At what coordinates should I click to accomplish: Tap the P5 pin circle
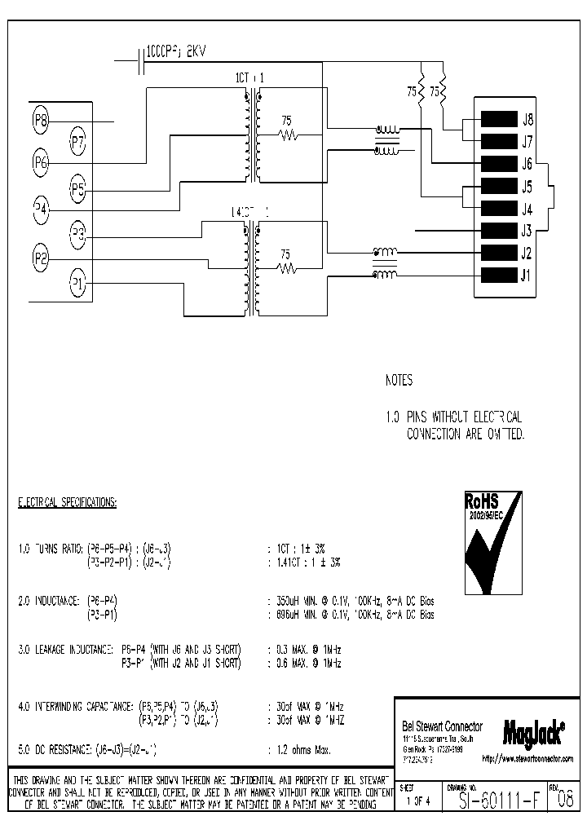point(77,190)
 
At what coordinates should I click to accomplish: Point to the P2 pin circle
point(42,260)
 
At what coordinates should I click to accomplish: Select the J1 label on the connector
point(527,275)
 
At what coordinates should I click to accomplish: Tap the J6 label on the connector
point(527,163)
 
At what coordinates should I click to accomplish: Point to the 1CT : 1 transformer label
point(250,78)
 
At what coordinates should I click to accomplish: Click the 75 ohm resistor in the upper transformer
point(286,135)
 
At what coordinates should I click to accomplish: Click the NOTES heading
point(399,381)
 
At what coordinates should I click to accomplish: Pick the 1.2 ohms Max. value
point(299,748)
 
